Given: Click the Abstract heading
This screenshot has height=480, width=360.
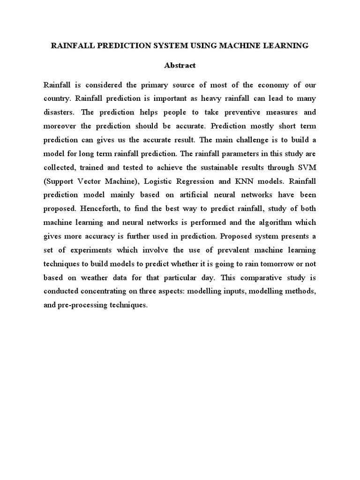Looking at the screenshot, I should pyautogui.click(x=180, y=65).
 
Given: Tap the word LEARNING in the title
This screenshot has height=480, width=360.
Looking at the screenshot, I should pyautogui.click(x=286, y=45).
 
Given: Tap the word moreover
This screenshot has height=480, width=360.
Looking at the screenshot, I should pyautogui.click(x=60, y=126).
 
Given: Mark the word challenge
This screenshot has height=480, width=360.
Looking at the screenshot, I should pyautogui.click(x=261, y=140).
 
